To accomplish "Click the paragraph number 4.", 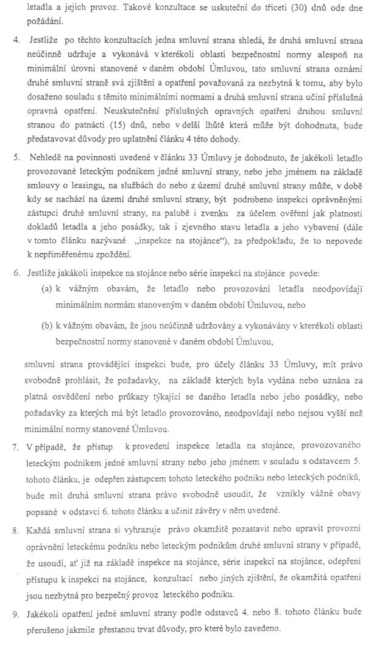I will (17, 44).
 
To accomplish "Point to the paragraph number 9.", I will (17, 617).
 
